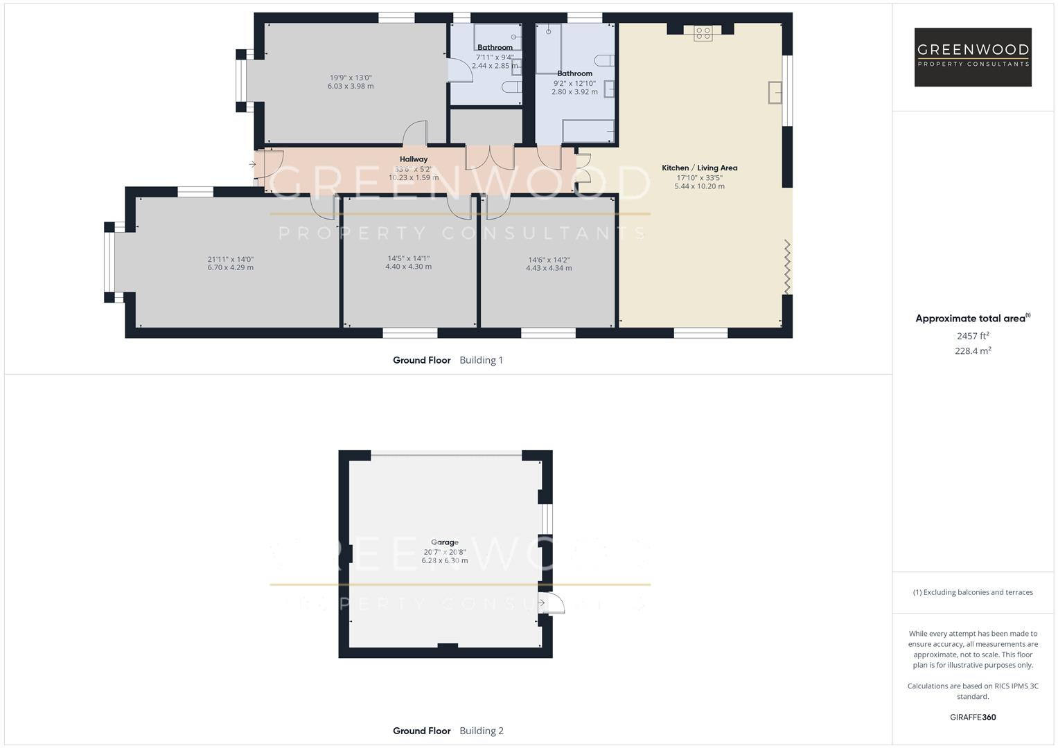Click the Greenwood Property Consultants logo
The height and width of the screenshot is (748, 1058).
972,57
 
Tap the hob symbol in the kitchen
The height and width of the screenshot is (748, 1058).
703,33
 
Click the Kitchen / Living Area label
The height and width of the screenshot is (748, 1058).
699,168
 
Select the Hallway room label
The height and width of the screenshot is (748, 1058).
414,159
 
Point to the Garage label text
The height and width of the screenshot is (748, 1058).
445,542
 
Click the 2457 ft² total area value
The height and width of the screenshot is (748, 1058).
973,336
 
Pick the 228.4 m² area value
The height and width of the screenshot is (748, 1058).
973,351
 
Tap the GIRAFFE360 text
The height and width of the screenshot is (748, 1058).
973,717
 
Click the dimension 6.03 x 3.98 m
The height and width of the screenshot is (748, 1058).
351,87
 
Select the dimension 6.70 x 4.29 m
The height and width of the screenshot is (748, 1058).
231,267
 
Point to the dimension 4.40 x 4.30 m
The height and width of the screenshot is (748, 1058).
409,267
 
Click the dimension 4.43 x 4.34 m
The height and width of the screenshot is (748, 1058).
549,268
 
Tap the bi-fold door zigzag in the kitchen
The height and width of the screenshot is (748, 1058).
787,267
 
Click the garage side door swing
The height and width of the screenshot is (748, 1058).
554,604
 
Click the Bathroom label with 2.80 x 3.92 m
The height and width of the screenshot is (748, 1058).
574,73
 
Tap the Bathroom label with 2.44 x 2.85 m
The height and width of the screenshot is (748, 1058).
495,48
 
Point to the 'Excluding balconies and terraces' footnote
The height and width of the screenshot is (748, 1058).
973,592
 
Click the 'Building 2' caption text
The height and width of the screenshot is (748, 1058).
482,731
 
